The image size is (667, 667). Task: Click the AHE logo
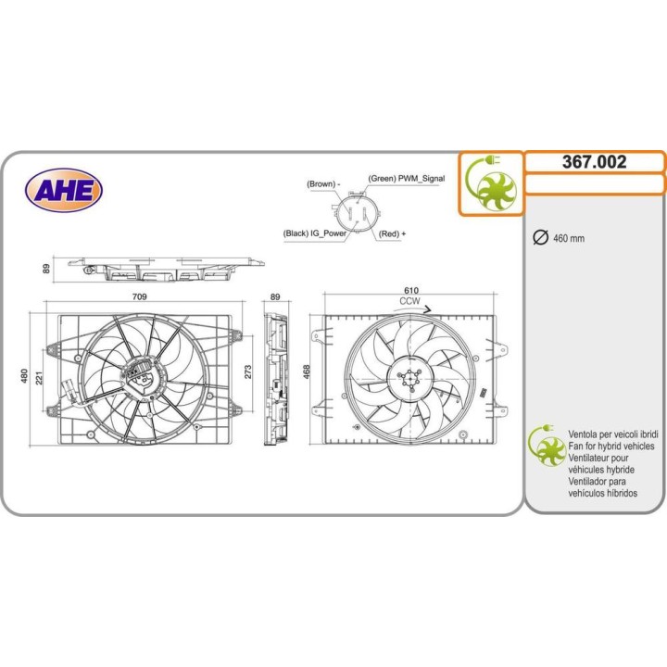click(64, 190)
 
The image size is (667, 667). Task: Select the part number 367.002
click(594, 161)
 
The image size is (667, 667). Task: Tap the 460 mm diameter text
click(569, 238)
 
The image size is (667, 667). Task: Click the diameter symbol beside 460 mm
click(541, 237)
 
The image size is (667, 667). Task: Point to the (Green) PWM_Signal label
click(407, 179)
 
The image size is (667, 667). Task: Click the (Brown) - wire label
click(323, 184)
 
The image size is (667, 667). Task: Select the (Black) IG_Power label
click(314, 233)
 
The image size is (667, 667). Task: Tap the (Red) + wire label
click(392, 233)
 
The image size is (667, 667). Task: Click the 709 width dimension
click(140, 296)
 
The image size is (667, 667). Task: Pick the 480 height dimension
click(24, 376)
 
